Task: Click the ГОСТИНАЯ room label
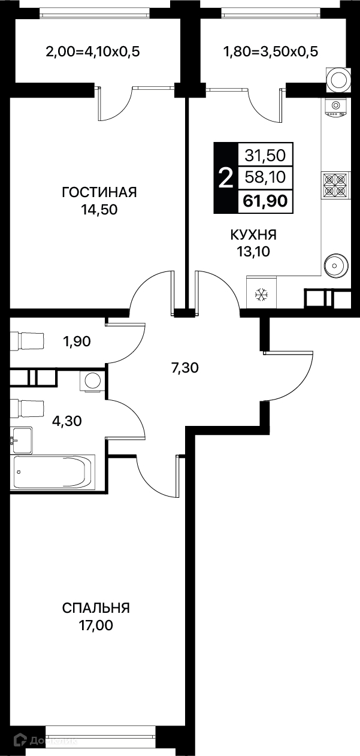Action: [99, 192]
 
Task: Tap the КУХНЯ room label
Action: [253, 235]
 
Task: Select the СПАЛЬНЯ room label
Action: [96, 608]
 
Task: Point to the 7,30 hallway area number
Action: [185, 368]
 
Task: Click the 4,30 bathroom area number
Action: [67, 421]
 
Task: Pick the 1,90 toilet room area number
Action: [77, 341]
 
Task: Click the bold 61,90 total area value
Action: [265, 201]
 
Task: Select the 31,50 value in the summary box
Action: [265, 155]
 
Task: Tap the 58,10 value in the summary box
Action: [265, 177]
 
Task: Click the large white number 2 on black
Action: [226, 178]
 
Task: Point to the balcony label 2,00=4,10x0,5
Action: [93, 52]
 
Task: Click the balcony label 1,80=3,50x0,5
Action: [271, 52]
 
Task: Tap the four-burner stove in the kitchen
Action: [335, 185]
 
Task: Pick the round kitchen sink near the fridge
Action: [335, 265]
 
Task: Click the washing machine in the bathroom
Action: [91, 381]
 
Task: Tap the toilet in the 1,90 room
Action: [27, 341]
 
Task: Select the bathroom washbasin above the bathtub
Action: [22, 440]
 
